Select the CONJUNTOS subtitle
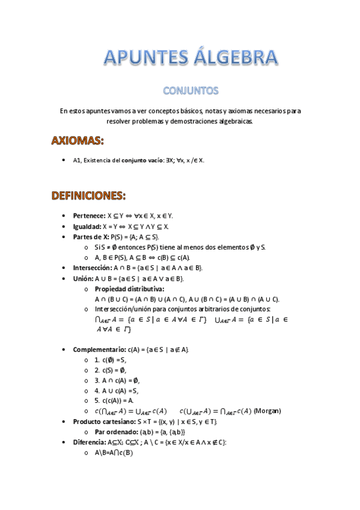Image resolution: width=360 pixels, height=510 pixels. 191,91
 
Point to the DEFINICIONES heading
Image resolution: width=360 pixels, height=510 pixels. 88,195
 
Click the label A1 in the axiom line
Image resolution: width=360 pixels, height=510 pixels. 76,161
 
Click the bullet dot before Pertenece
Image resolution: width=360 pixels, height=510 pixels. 64,215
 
